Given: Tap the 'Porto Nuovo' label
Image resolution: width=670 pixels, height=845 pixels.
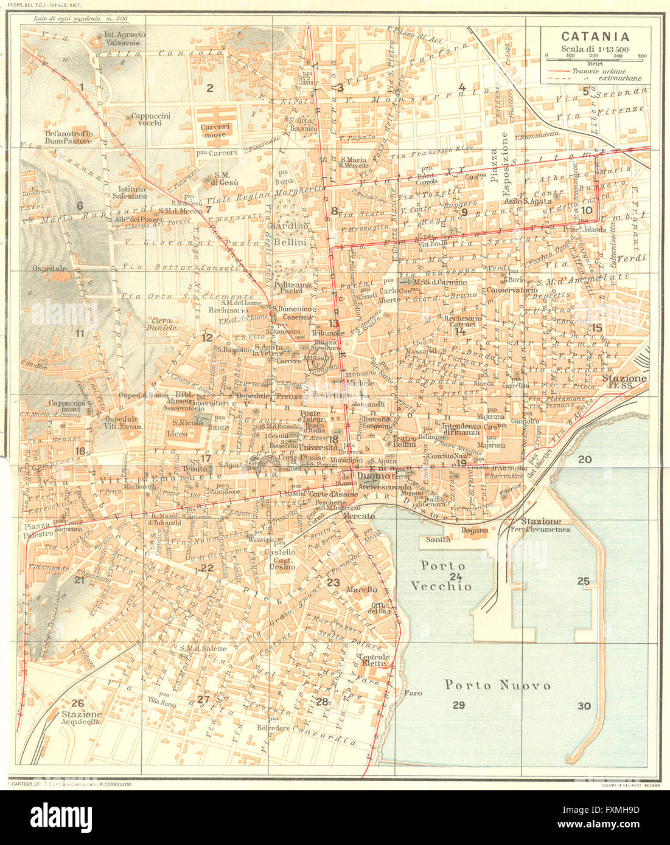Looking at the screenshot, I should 498,685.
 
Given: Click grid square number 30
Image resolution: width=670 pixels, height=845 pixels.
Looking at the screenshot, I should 584,706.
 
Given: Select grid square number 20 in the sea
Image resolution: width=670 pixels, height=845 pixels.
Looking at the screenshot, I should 584,460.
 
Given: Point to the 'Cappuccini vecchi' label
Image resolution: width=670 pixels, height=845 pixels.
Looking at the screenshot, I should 150,119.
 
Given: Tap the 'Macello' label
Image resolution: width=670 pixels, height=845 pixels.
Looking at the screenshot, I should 361,589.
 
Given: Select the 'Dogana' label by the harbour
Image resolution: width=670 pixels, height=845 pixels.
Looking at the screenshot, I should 475,530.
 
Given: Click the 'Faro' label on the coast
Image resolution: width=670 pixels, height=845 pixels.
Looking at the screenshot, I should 413,693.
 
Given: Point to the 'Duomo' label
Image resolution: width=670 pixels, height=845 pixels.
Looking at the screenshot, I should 369,476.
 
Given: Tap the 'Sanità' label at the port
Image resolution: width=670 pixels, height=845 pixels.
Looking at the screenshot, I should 438,539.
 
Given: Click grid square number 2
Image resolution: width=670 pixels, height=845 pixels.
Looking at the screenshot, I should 209,88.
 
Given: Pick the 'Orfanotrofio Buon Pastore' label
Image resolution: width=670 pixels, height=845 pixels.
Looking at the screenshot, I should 68,136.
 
